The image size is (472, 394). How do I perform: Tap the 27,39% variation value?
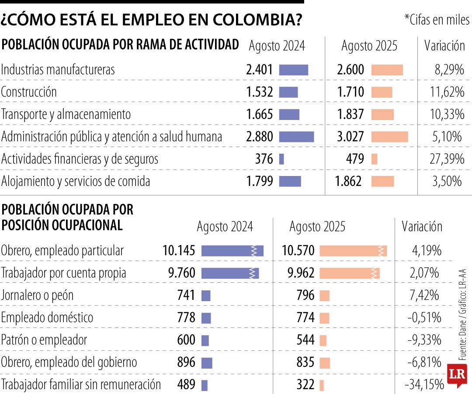447,159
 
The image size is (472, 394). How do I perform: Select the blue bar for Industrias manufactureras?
293,70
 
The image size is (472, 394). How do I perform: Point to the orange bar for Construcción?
382,92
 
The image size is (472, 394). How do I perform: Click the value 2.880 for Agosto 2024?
259,137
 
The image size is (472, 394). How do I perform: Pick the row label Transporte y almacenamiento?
66,114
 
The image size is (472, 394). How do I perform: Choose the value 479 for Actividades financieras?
352,159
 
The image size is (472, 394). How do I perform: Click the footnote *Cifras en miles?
437,20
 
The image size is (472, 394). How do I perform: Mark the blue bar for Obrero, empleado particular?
232,251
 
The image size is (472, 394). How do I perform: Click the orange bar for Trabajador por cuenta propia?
349,273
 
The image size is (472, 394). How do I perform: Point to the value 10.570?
298,251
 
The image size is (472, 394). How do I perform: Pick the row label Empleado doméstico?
47,318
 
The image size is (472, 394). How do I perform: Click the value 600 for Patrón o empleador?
186,340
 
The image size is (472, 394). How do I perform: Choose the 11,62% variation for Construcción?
447,92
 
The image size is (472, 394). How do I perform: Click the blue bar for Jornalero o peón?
206,295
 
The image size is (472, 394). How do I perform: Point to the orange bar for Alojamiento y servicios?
382,181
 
